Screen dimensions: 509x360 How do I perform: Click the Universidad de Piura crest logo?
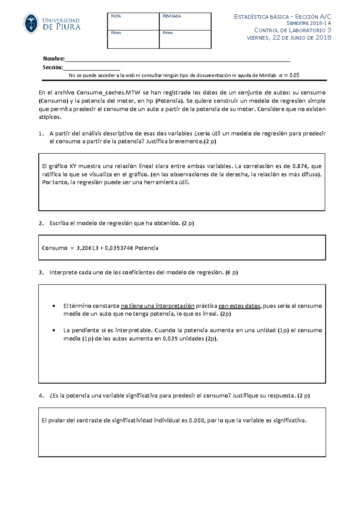[x=31, y=24]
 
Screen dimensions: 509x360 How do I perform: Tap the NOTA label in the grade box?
[x=116, y=16]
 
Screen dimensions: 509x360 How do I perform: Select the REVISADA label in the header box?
[x=172, y=16]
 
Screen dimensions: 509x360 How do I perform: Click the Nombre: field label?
[x=54, y=59]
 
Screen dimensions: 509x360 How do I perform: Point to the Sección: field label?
[x=53, y=67]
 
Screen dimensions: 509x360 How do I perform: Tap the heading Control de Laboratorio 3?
[x=292, y=30]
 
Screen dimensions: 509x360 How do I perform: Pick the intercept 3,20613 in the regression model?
[x=87, y=248]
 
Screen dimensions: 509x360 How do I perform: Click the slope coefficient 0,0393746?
[x=119, y=248]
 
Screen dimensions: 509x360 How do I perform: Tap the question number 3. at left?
[x=41, y=273]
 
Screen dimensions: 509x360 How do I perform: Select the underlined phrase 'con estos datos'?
[x=239, y=306]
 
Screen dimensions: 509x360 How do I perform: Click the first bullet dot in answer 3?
[x=54, y=306]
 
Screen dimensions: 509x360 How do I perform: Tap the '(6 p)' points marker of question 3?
[x=232, y=273]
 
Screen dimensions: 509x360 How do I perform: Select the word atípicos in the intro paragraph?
[x=50, y=117]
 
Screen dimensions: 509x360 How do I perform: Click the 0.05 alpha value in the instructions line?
[x=294, y=76]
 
